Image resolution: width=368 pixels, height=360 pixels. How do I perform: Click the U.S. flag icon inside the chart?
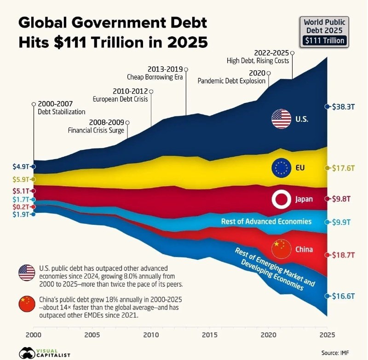click(281, 119)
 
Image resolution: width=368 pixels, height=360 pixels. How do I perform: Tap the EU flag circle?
click(281, 168)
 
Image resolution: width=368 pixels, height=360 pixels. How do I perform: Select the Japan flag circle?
click(281, 199)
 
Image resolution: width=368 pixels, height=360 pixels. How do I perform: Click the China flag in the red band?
click(281, 249)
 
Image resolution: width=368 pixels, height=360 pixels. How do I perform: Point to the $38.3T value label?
click(342, 107)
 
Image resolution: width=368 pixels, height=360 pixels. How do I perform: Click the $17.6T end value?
click(342, 168)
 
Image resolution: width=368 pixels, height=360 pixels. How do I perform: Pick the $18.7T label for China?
click(342, 254)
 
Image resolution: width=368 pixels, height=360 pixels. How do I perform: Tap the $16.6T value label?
click(342, 296)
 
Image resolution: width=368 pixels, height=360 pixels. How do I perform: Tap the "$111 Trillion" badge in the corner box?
click(325, 41)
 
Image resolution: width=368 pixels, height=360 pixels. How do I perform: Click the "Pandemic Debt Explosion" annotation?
click(232, 81)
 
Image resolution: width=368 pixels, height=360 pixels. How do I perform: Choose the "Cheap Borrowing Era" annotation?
click(155, 77)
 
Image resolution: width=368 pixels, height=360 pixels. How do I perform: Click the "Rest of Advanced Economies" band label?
click(266, 222)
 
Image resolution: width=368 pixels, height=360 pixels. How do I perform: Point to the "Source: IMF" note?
click(335, 353)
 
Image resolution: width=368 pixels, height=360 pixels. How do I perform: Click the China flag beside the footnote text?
click(27, 303)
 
